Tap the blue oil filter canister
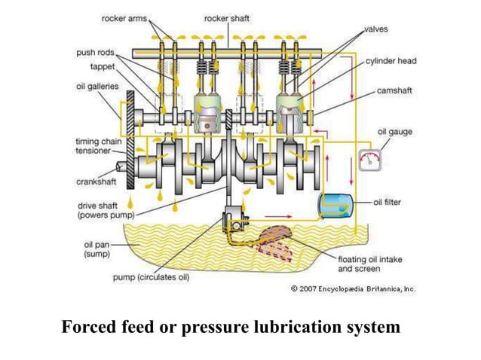tap(333, 203)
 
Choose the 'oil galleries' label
tap(98, 86)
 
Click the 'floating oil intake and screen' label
tap(365, 264)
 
